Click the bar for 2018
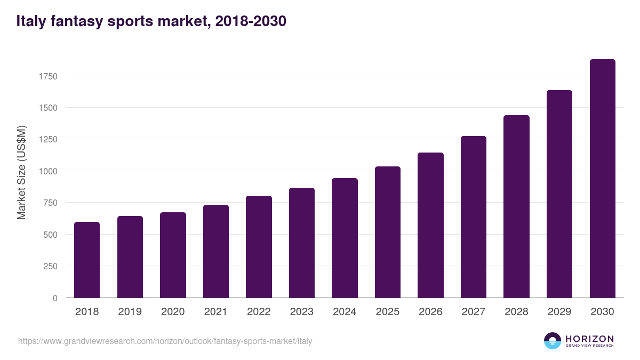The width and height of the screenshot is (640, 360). [87, 260]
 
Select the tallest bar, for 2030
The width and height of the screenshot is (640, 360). [602, 179]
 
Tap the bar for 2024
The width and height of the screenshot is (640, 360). [345, 238]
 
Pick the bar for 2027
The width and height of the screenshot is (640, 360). [474, 217]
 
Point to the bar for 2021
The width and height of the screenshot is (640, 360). [215, 251]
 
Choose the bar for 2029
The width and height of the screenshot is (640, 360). [559, 194]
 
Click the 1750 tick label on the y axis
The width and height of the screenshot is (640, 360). [48, 76]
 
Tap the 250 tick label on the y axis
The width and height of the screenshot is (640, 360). [50, 266]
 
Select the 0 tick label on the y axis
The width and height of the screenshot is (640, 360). [55, 298]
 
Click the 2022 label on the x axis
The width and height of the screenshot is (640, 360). [259, 312]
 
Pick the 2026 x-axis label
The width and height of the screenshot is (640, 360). [430, 312]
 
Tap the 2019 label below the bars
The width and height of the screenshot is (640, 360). [130, 312]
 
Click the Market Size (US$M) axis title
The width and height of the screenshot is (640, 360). [21, 172]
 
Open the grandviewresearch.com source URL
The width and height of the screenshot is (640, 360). [165, 341]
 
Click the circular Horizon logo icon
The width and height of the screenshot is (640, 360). [553, 341]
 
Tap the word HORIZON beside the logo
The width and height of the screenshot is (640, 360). [589, 339]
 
